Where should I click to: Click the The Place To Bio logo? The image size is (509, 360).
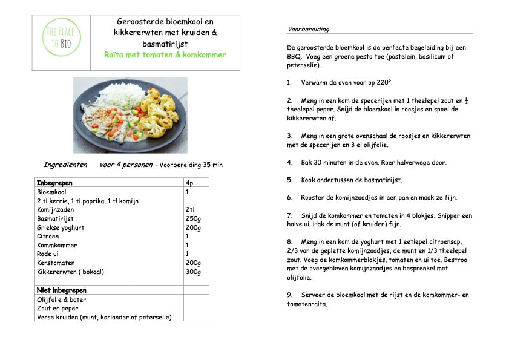61,38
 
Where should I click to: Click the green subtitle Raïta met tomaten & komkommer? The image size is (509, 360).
165,55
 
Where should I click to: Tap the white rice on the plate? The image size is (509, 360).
122,96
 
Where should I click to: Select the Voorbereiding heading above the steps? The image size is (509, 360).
308,29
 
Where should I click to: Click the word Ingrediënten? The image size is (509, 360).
65,165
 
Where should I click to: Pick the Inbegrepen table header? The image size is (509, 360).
54,183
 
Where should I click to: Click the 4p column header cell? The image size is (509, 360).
189,183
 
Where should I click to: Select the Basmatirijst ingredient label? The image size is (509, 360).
55,218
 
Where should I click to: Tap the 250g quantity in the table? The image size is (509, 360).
193,218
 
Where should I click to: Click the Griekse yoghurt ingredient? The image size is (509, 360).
61,227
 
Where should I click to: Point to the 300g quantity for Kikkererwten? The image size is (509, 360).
193,272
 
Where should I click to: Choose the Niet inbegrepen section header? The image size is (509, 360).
62,290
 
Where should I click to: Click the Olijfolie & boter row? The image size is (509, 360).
62,299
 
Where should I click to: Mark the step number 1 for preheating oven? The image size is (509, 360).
289,82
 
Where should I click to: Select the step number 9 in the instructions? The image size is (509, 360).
289,295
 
